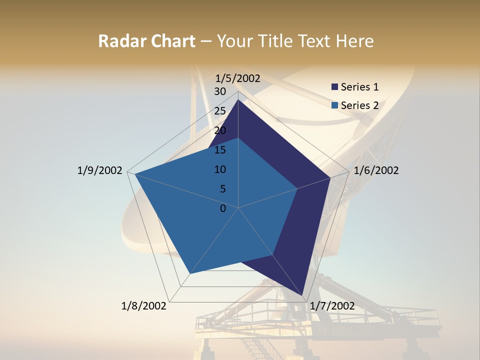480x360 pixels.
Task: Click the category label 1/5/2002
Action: tap(237, 78)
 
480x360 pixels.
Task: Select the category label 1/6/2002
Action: tap(376, 170)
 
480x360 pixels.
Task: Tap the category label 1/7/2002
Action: tap(332, 306)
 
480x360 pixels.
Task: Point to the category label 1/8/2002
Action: tap(144, 306)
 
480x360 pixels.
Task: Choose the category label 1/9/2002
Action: tap(100, 170)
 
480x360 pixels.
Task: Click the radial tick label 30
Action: tap(220, 91)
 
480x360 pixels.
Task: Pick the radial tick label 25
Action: tap(220, 111)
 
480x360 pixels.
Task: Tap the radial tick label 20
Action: tap(220, 130)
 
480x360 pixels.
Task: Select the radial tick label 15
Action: tap(220, 150)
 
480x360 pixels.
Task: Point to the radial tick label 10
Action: tap(220, 169)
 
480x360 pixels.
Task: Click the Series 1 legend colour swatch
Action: tap(334, 87)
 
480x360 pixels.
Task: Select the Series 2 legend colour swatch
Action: tap(334, 105)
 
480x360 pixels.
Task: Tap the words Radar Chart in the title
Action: tap(146, 41)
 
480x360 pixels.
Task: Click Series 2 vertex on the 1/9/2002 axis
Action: tap(135, 174)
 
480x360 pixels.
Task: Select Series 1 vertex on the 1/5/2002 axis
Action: tap(238, 100)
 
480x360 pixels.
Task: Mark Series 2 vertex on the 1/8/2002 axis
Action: tap(189, 274)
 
